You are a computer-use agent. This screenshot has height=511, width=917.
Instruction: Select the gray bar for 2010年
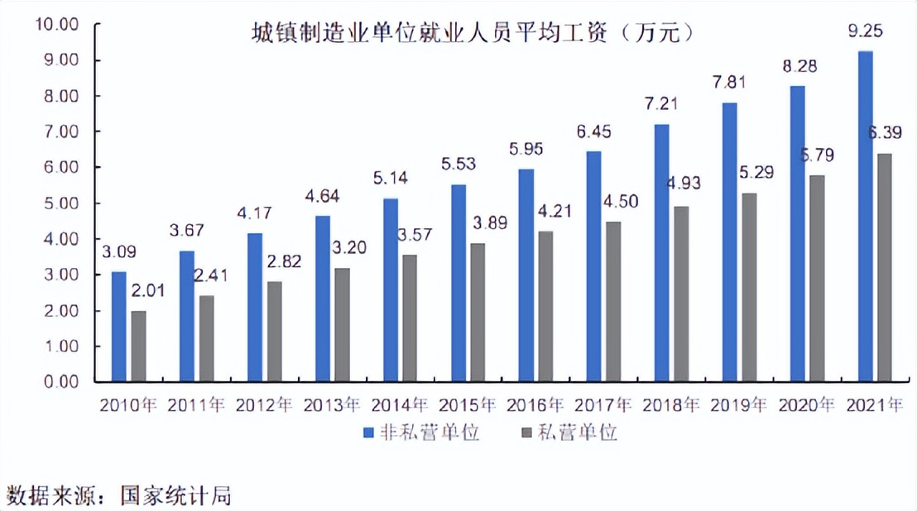140,346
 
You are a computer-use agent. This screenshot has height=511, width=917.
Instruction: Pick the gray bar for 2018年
681,294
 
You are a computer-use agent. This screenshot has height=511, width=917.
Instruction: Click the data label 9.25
865,32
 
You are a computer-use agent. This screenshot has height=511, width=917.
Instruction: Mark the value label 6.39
885,132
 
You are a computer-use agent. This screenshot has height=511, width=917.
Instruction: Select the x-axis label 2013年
332,405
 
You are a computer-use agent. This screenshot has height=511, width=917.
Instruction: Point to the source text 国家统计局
175,495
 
